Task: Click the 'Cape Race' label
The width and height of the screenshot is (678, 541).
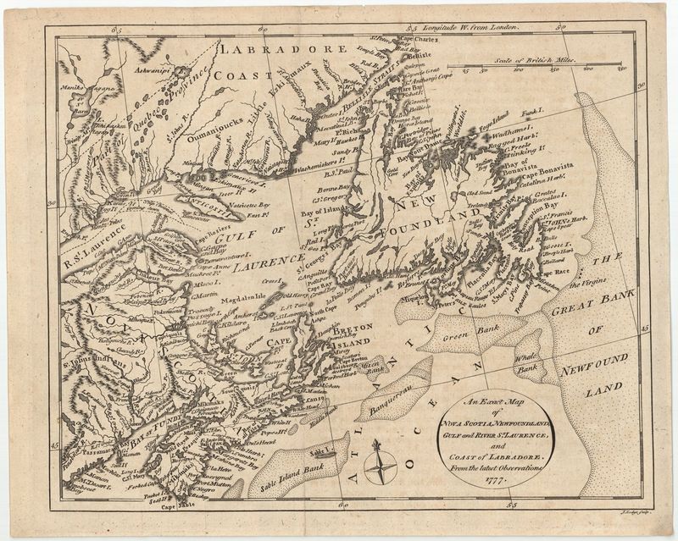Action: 554,273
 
